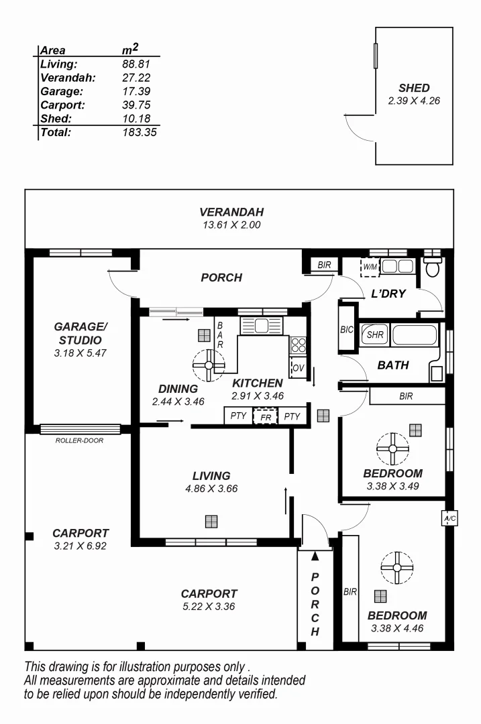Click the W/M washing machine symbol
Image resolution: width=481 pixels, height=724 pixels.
(x=370, y=267)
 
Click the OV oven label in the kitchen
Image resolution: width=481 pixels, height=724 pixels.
(x=297, y=368)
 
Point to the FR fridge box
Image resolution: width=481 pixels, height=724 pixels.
(x=265, y=416)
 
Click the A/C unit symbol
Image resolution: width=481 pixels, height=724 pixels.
(x=447, y=519)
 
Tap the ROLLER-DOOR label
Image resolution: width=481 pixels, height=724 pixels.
(x=79, y=440)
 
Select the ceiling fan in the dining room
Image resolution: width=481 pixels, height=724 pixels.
(x=208, y=365)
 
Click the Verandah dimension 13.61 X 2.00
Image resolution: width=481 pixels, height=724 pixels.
(x=230, y=225)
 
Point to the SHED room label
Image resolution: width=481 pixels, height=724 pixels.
(x=413, y=88)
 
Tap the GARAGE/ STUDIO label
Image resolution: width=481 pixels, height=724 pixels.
(x=80, y=333)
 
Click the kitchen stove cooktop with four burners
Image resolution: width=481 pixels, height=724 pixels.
(x=298, y=345)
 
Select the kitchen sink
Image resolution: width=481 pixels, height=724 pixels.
(x=262, y=326)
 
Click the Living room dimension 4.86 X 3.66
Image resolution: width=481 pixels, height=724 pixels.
(x=211, y=489)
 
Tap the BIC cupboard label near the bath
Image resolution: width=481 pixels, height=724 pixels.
(x=347, y=329)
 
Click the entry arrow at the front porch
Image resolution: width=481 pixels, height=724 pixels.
(x=315, y=555)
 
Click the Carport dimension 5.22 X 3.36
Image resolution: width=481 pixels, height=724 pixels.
(x=209, y=607)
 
